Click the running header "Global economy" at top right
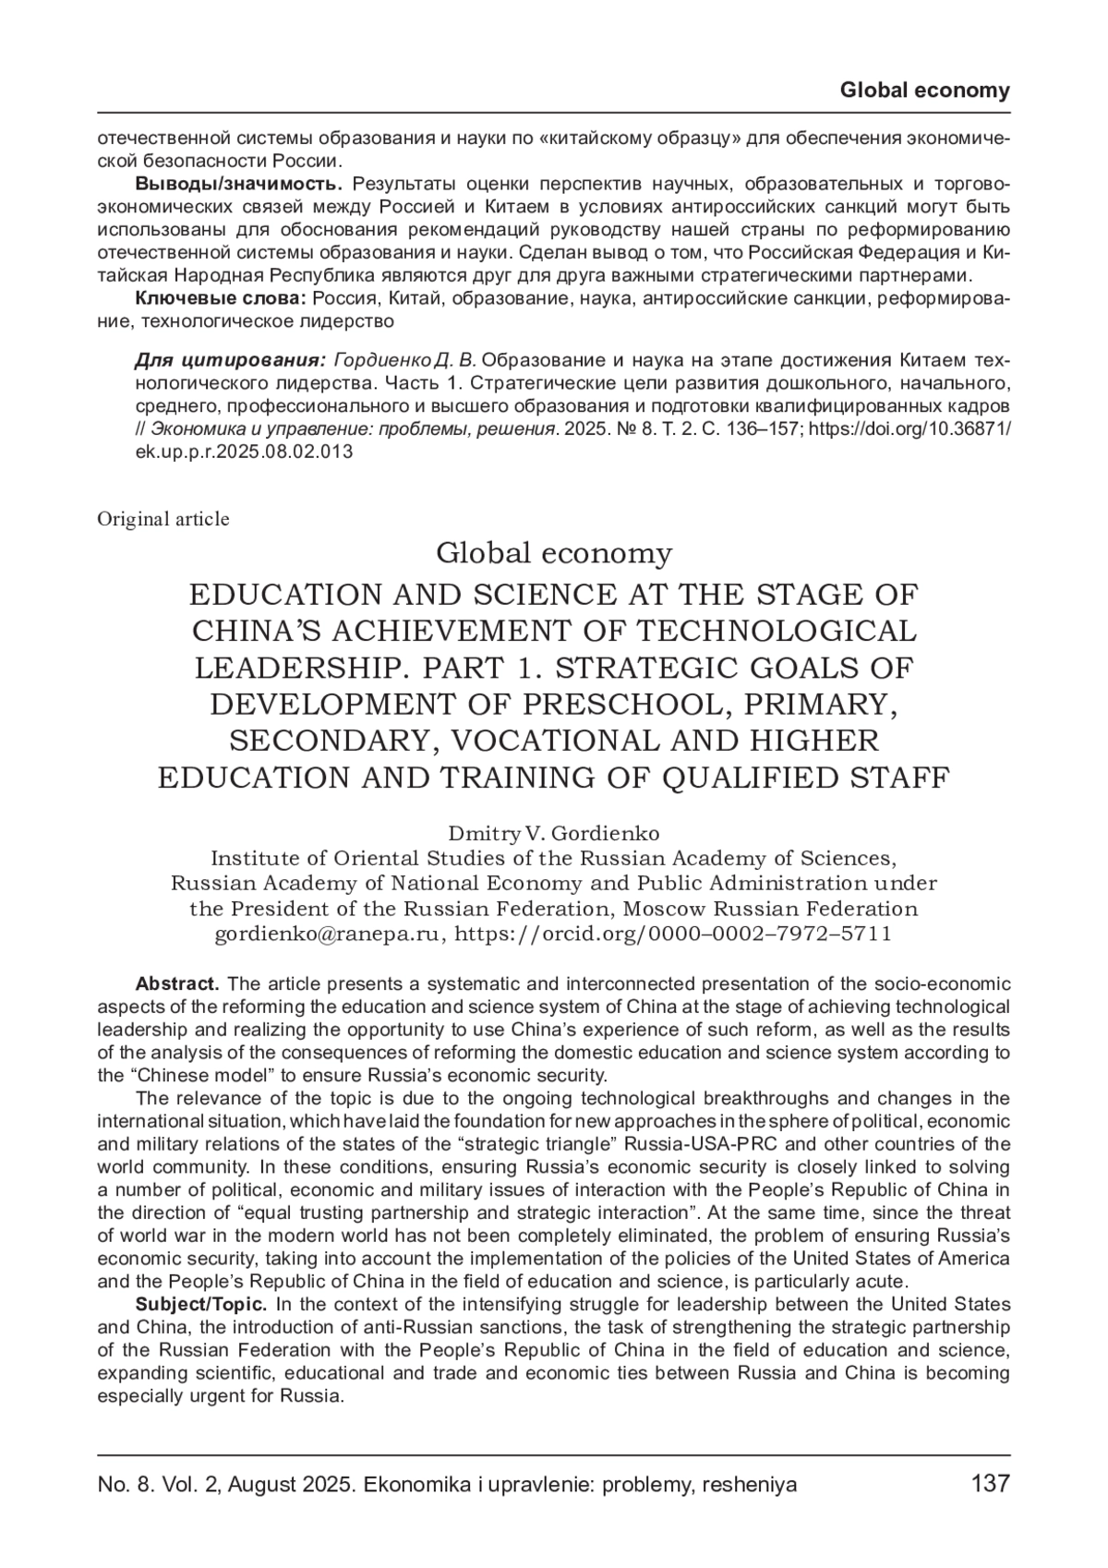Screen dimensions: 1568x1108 (925, 90)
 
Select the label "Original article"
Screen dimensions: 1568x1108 (163, 519)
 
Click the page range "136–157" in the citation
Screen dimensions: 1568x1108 (760, 429)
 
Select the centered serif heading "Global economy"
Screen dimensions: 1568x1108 (554, 553)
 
